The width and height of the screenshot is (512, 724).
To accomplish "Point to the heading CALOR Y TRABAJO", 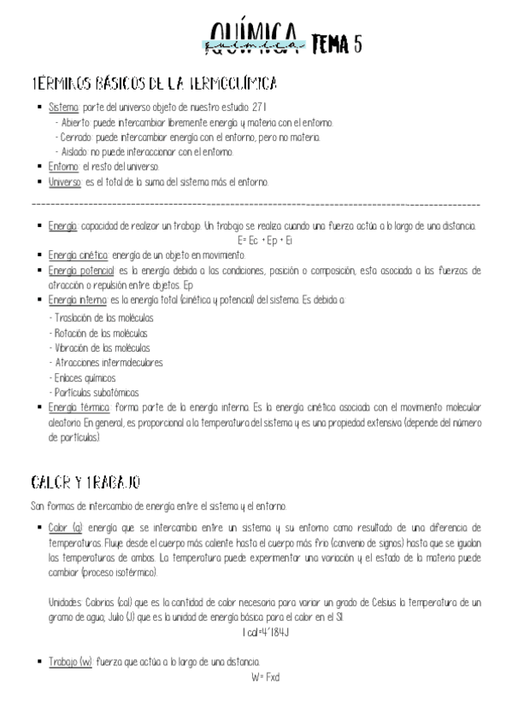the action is coord(85,483).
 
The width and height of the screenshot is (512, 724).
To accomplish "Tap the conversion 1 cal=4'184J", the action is coord(267,633).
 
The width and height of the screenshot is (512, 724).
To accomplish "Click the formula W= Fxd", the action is coord(266,677).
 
